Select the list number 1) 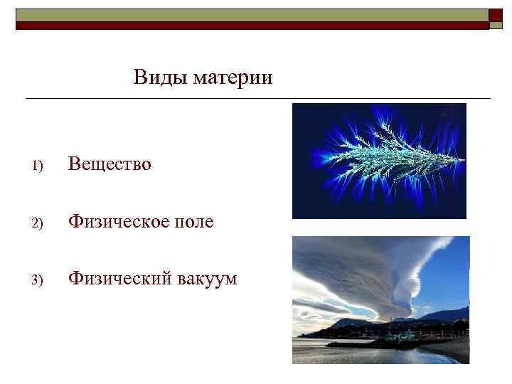pos(38,166)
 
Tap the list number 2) pos(38,223)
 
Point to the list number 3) pos(38,280)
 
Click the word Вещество pos(110,164)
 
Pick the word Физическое pos(119,222)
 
